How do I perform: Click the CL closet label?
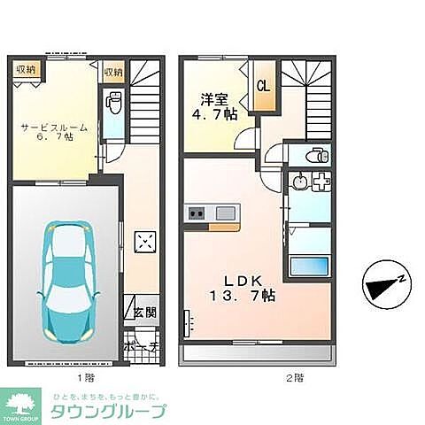point(263,86)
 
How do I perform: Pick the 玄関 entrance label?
point(146,312)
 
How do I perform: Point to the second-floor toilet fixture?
point(317,156)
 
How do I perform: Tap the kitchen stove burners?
point(196,212)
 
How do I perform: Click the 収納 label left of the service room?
point(25,69)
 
